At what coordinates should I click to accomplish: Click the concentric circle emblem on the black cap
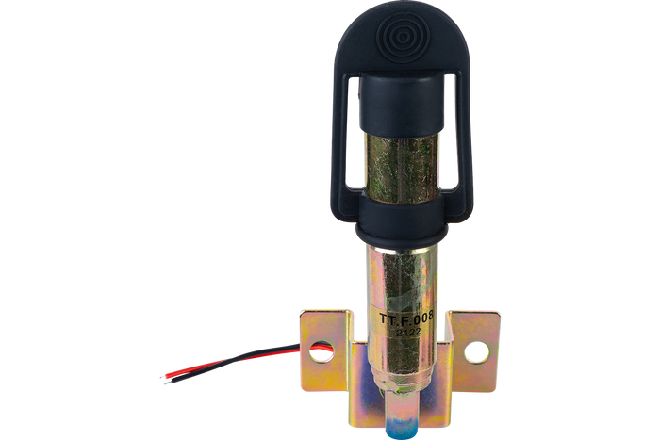[400, 38]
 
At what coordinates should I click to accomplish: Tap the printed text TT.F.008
[406, 318]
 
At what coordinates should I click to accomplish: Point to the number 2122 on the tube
[408, 332]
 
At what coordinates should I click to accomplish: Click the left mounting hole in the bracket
[322, 351]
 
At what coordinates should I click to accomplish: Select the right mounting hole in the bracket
[476, 352]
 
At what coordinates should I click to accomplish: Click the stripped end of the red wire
[163, 377]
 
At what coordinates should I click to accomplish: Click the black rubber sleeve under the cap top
[401, 103]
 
